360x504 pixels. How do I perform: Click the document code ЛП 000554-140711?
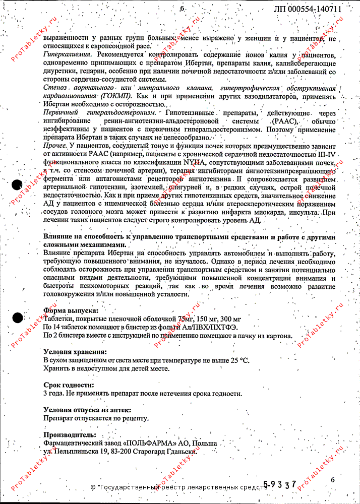pyautogui.click(x=308, y=9)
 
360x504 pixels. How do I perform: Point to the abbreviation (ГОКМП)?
pyautogui.click(x=116, y=96)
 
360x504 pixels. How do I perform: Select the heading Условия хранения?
pyautogui.click(x=75, y=352)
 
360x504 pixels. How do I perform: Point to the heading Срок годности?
pyautogui.click(x=69, y=385)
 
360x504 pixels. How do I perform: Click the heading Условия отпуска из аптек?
pyautogui.click(x=87, y=410)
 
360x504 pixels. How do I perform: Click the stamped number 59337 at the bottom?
pyautogui.click(x=280, y=484)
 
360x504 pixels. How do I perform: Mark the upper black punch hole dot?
pyautogui.click(x=16, y=184)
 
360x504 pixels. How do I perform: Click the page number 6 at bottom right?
pyautogui.click(x=332, y=480)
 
